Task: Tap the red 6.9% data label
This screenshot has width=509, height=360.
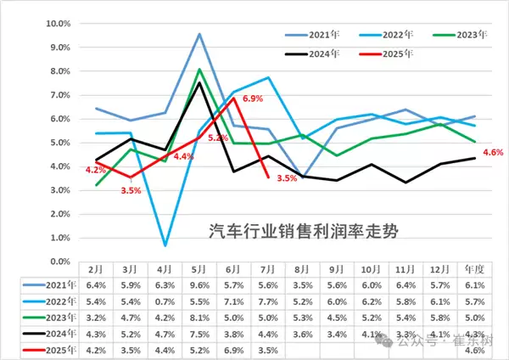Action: pyautogui.click(x=253, y=99)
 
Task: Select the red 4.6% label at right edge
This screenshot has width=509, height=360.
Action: pyautogui.click(x=493, y=152)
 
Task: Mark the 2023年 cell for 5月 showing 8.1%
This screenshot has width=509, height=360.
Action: pyautogui.click(x=199, y=318)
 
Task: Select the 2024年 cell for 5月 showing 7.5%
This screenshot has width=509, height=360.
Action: pyautogui.click(x=199, y=335)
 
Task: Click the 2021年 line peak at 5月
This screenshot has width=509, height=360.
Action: pyautogui.click(x=199, y=34)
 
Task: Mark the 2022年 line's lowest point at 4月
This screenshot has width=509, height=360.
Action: pyautogui.click(x=166, y=245)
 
